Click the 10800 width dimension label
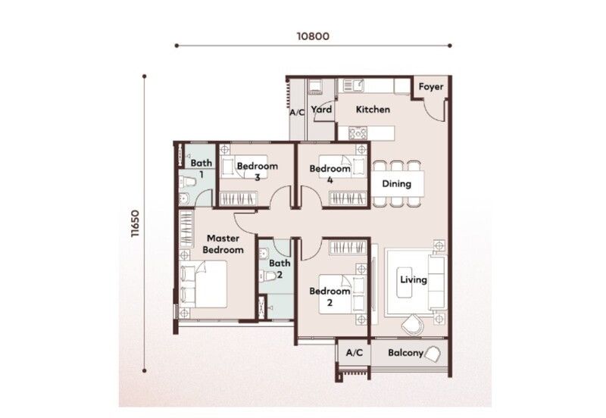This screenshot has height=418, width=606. (313, 36)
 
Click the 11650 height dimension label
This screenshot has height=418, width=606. (135, 223)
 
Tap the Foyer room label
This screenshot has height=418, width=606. (431, 87)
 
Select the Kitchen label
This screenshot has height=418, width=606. (373, 109)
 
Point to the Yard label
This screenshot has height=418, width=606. (321, 109)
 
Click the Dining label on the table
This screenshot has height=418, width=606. (396, 183)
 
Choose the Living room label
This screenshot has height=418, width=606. (414, 279)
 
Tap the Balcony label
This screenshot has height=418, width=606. (405, 353)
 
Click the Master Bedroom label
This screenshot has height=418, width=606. (223, 244)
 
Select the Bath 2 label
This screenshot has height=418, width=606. (280, 269)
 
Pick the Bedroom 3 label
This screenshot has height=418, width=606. (258, 172)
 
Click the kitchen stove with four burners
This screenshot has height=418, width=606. (358, 133)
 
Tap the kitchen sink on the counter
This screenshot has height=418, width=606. (353, 86)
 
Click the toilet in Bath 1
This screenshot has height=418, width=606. (187, 181)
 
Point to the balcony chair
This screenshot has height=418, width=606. (432, 354)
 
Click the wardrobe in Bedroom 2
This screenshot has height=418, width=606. (348, 248)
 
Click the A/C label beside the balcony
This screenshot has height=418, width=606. (355, 353)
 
